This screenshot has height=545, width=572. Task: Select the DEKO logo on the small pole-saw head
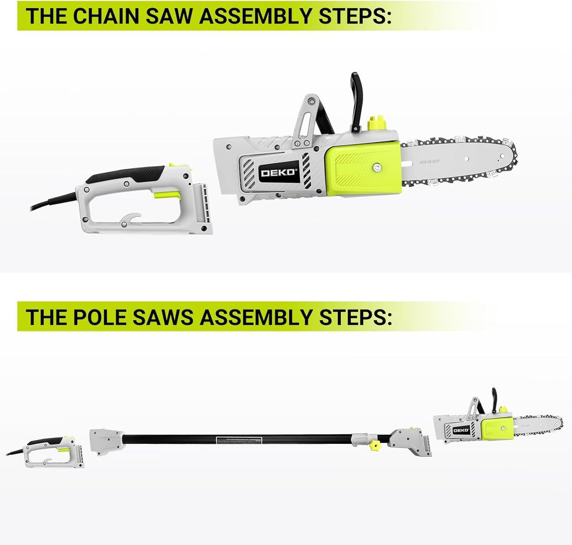coord(461,430)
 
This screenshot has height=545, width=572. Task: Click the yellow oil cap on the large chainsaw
coord(378,122)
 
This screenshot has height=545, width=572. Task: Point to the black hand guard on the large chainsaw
coord(355,101)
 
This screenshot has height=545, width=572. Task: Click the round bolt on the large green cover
coord(378,166)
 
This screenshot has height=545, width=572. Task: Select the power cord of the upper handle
coord(53,201)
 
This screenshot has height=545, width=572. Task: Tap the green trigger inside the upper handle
coord(168,195)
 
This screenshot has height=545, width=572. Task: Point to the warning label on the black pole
coord(240,440)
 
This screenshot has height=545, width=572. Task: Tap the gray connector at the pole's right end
coord(411,441)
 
